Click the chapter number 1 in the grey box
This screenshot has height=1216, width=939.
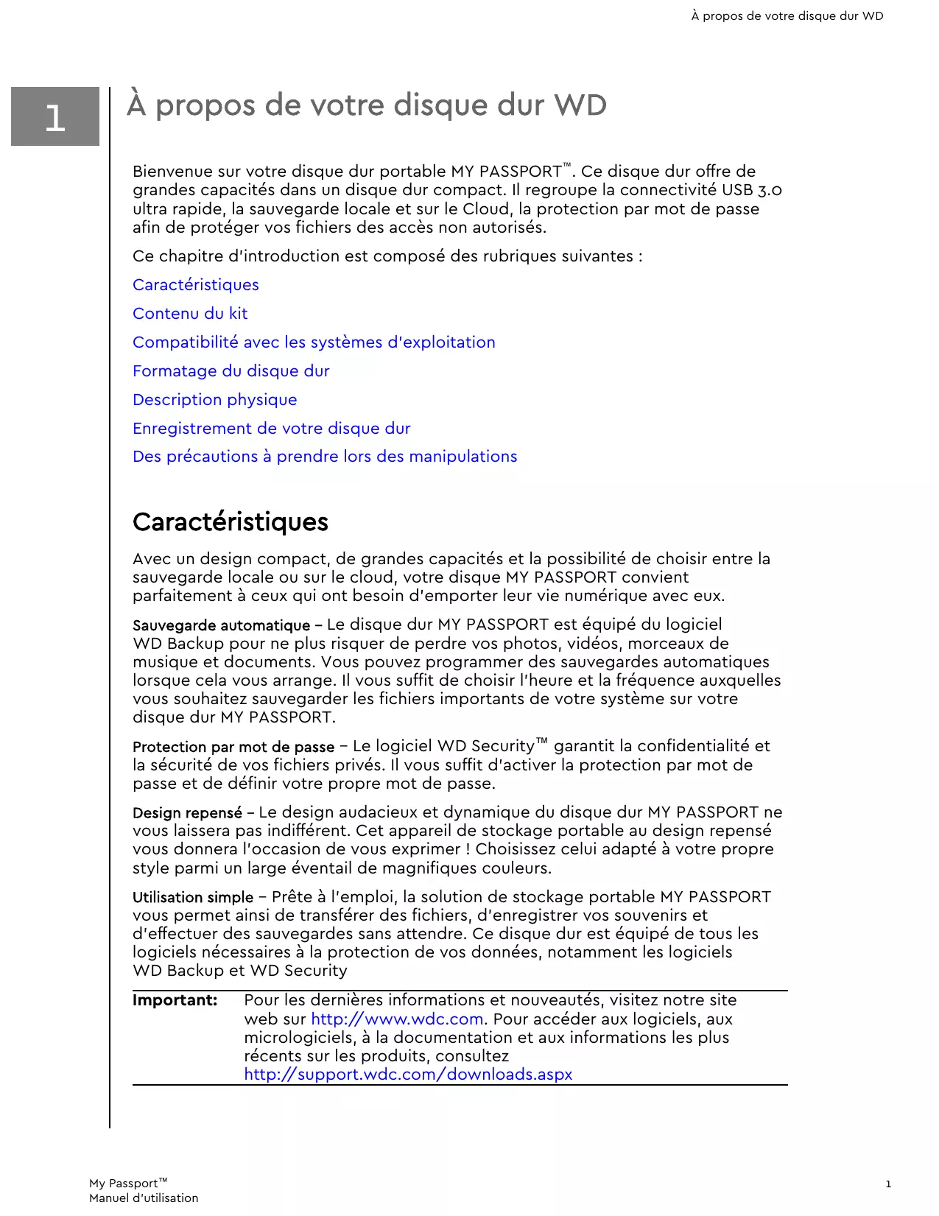click(x=55, y=118)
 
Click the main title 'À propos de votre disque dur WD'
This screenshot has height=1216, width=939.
click(x=367, y=105)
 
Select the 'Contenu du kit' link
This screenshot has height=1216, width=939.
click(x=190, y=314)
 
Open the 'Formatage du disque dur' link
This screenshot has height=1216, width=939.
click(x=231, y=371)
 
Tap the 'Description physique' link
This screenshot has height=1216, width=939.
click(x=215, y=400)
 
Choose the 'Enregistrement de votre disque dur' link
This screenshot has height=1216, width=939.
click(x=272, y=429)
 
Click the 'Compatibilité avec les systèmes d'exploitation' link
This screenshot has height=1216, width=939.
click(x=314, y=342)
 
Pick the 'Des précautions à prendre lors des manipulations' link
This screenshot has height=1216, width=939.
click(x=325, y=457)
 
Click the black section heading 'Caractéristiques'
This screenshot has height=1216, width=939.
click(x=231, y=522)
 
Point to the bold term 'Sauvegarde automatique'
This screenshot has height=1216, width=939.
click(x=222, y=626)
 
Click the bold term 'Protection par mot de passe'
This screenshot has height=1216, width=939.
click(x=233, y=748)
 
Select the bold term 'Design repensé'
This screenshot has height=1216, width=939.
click(x=188, y=813)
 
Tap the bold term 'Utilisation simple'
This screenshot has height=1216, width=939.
click(x=193, y=898)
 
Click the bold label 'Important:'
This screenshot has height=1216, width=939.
click(x=175, y=1000)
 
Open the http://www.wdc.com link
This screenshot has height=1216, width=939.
click(x=398, y=1019)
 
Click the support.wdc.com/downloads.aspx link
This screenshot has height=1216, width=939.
click(x=409, y=1075)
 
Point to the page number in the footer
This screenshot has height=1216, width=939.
click(x=888, y=1184)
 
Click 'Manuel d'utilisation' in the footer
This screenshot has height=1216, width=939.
click(x=144, y=1198)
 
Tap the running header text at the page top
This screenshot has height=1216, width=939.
click(x=787, y=16)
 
